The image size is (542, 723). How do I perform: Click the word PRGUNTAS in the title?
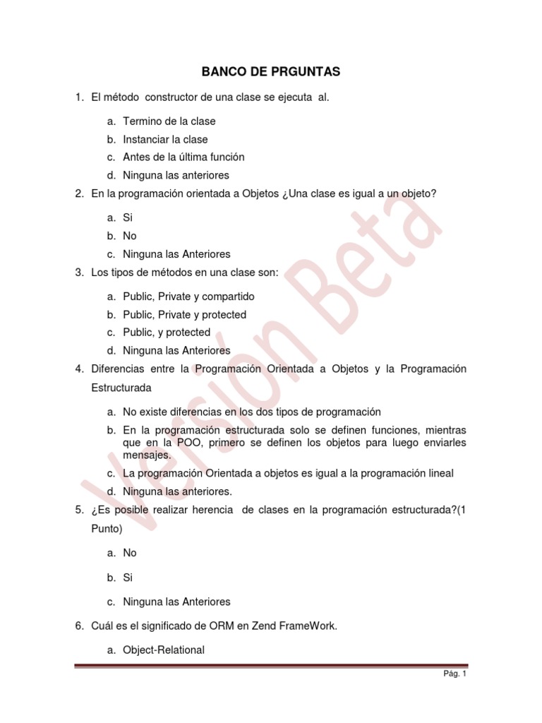(x=301, y=72)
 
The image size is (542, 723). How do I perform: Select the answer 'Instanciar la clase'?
(x=165, y=139)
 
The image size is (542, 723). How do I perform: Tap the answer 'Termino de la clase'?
(x=169, y=121)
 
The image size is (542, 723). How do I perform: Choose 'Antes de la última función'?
(x=183, y=157)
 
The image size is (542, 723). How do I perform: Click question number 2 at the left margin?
(x=79, y=193)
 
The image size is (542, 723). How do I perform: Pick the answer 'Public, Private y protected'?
(x=184, y=315)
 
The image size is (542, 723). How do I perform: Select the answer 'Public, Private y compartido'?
(x=188, y=297)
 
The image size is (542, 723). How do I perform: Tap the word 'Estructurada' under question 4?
(x=121, y=388)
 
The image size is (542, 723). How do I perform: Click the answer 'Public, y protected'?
(x=167, y=333)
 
